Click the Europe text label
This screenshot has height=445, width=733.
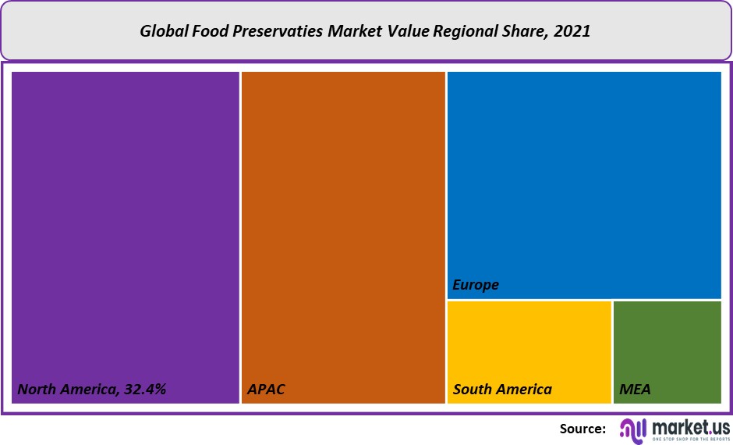tap(476, 285)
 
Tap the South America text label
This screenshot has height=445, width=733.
tap(502, 389)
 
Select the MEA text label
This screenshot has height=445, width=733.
tap(635, 389)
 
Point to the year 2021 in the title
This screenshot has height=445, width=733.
tap(575, 32)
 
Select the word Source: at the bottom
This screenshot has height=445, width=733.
tap(583, 429)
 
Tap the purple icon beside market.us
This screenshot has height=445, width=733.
tap(632, 430)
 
